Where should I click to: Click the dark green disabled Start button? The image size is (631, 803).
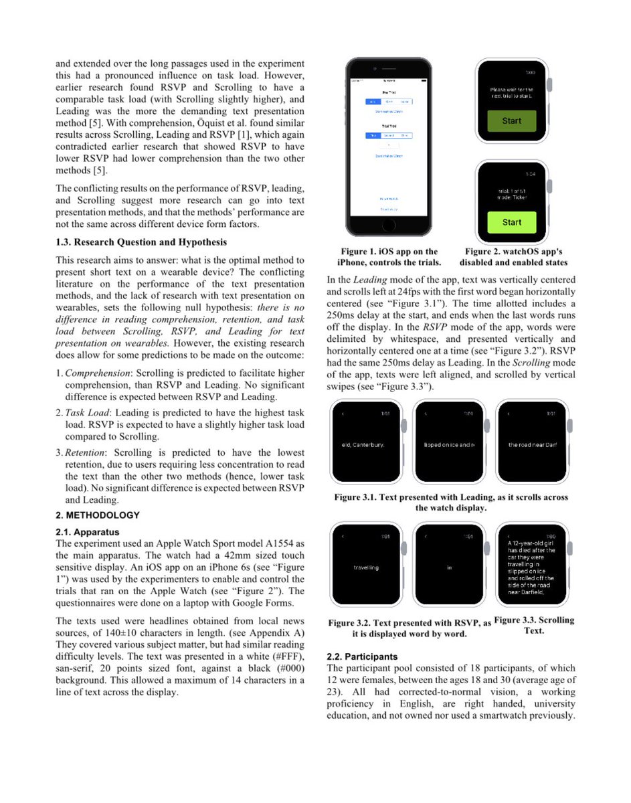click(511, 121)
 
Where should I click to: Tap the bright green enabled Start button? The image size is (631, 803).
click(511, 222)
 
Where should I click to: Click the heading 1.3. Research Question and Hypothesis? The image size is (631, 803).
click(141, 242)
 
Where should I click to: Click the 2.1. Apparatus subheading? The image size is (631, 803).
click(88, 532)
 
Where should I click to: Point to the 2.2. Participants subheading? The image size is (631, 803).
click(362, 656)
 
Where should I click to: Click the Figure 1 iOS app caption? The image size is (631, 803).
click(387, 257)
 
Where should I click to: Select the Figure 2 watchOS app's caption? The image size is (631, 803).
click(513, 257)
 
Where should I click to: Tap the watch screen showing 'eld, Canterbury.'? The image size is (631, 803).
click(365, 445)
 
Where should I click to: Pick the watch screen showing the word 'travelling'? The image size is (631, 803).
click(365, 567)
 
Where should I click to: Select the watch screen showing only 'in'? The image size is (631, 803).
click(449, 567)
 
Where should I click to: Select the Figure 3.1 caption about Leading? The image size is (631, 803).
click(451, 502)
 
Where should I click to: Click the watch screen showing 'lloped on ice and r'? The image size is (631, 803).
click(449, 445)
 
